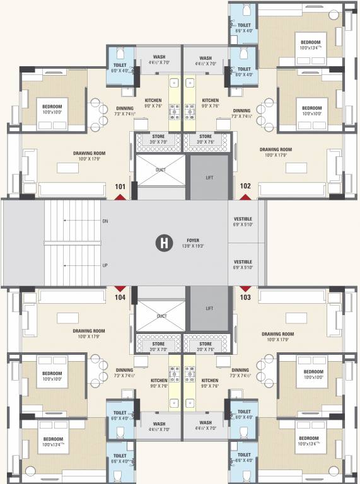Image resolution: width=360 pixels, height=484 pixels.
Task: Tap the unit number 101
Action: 120,187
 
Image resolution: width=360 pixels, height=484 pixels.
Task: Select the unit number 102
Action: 245,187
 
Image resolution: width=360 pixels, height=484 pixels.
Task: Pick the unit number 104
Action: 120,296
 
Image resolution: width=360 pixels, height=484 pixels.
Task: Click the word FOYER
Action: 193,240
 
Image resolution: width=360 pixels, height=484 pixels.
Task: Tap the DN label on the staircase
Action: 105,221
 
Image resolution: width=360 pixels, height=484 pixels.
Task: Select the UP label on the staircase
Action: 105,265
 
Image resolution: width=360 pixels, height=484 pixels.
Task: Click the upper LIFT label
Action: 209,178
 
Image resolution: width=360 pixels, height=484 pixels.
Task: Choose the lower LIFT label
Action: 209,309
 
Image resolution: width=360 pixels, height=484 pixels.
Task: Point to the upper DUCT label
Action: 162,170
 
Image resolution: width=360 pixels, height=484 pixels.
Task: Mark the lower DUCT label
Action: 162,316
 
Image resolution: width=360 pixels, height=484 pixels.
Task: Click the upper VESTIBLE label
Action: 243,218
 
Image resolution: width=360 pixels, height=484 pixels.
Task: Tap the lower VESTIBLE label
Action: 243,262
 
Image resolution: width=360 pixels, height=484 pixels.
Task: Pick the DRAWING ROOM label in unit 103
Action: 278,334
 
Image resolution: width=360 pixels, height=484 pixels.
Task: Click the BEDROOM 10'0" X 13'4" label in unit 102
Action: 313,42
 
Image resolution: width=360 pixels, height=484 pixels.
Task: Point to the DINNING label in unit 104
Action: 124,371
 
